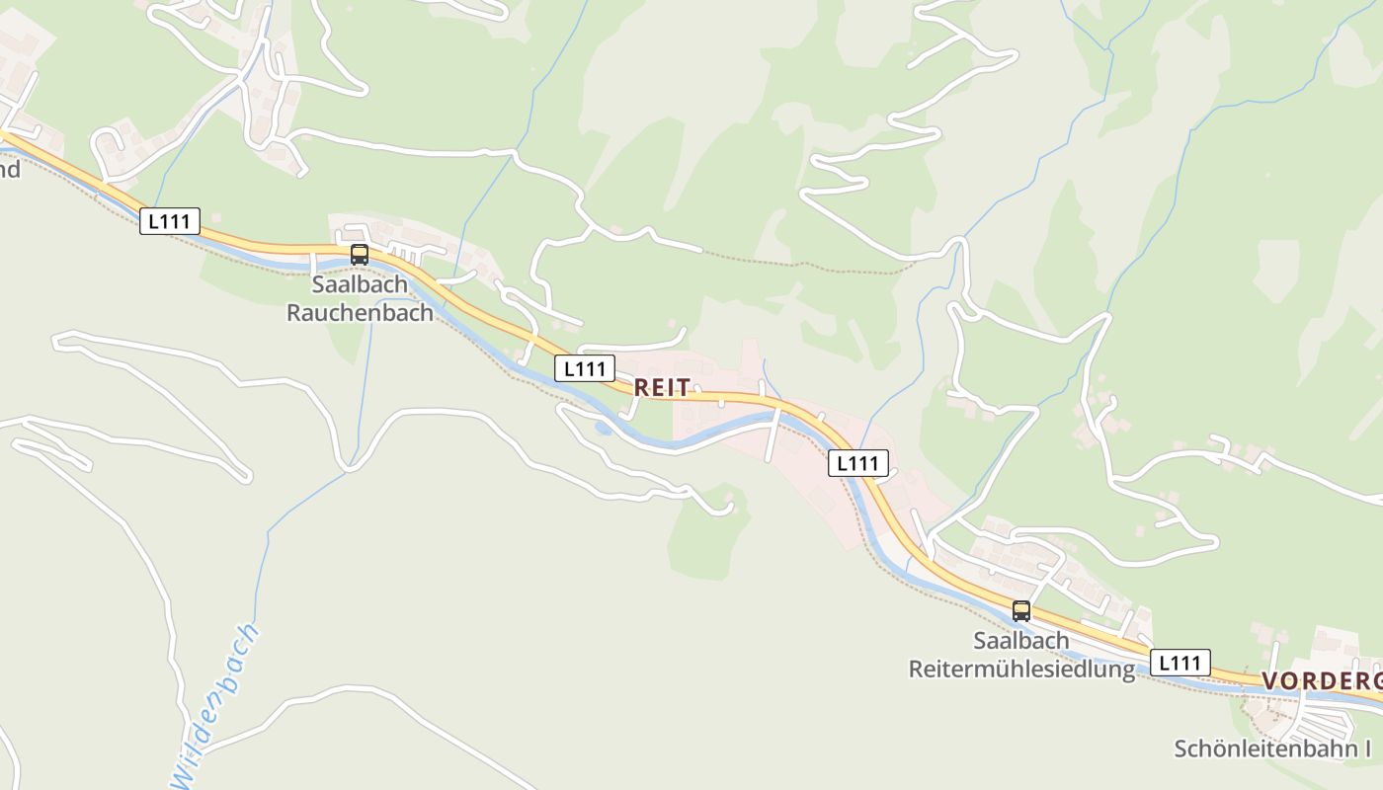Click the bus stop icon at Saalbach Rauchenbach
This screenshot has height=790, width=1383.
[x=360, y=255]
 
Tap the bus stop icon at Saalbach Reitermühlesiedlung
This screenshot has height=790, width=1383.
[x=1021, y=611]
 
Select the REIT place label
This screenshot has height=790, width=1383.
[x=662, y=388]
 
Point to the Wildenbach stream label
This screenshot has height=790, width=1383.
[x=214, y=699]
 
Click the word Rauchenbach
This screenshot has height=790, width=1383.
[x=360, y=313]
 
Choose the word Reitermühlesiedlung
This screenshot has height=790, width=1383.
[x=1021, y=670]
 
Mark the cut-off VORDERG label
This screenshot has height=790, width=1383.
[x=1321, y=681]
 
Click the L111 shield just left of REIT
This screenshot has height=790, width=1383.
[x=584, y=368]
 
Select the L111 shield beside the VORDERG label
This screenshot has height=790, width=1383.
[x=1180, y=663]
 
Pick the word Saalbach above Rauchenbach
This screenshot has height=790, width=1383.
[x=360, y=284]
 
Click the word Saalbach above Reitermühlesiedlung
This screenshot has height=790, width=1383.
[x=1021, y=640]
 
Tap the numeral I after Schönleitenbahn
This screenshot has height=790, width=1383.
[x=1367, y=749]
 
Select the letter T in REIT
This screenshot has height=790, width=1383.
[x=684, y=388]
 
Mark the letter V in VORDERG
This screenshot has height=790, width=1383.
[x=1270, y=681]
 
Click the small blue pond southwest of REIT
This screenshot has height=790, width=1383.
[x=602, y=429]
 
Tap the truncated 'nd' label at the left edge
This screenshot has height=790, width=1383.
[x=9, y=169]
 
